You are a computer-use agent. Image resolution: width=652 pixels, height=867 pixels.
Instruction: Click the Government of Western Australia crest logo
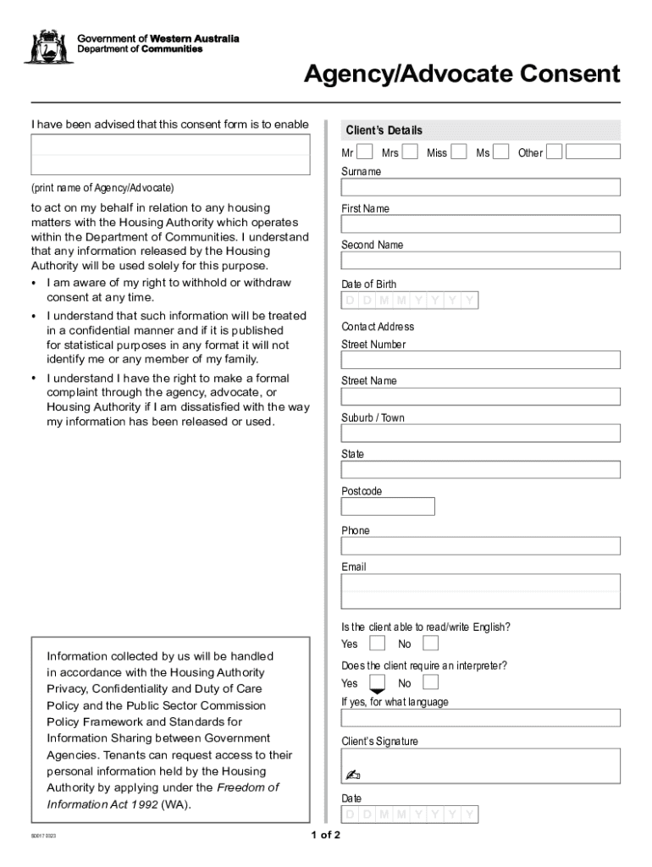pos(47,47)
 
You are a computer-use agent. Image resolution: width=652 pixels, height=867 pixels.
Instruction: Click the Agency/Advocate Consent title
pos(462,75)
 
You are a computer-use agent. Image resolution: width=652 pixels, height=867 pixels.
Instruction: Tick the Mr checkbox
pos(365,152)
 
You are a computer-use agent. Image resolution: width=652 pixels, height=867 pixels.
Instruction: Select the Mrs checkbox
pos(410,152)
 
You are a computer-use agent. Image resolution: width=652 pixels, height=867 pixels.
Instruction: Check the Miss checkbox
pos(459,152)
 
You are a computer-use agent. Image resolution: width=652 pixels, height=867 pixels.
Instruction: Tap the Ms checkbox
pos(501,152)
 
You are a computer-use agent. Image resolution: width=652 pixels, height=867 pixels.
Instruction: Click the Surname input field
pos(480,187)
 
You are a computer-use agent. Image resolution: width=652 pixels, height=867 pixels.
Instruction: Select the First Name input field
pos(480,224)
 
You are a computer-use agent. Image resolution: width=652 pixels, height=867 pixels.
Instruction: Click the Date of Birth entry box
pos(410,301)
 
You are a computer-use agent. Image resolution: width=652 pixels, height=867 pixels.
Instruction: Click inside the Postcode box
pos(388,506)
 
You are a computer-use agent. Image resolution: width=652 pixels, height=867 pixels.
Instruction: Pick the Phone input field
pos(480,546)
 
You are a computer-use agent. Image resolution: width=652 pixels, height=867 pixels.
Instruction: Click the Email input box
pos(480,591)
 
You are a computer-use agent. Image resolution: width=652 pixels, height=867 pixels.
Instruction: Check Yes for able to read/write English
pos(377,643)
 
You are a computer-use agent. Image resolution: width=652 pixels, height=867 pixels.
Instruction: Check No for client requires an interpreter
pos(431,682)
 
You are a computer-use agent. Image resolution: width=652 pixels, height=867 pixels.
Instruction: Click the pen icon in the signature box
pos(353,775)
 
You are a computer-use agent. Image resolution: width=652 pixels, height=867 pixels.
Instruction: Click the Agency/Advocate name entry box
pos(170,155)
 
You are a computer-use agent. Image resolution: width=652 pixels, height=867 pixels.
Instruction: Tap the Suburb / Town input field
pos(480,433)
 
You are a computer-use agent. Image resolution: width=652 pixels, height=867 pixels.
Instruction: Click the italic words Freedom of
pos(248,788)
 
